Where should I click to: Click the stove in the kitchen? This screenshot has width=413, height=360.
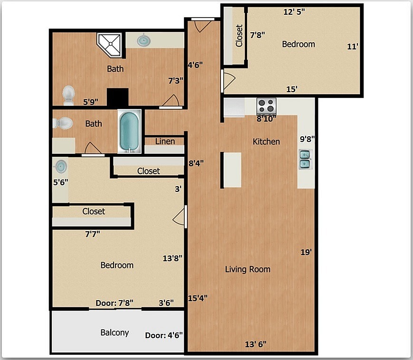[x=266, y=105]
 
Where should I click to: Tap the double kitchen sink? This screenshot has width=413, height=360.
[x=304, y=159]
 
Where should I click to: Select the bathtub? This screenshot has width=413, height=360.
[x=129, y=131]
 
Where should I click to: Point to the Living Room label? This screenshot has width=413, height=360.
[x=247, y=269]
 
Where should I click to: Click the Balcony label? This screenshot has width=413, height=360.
[x=115, y=332]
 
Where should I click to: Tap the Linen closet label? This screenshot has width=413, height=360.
[x=165, y=141]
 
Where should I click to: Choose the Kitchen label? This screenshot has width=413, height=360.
[x=266, y=142]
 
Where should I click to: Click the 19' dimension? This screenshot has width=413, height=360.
[x=306, y=252]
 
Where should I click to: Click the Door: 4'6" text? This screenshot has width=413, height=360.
[x=164, y=335]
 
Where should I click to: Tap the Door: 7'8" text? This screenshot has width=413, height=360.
[x=115, y=303]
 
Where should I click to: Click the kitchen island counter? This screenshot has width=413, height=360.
[x=232, y=170]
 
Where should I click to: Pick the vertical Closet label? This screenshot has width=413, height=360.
[x=239, y=35]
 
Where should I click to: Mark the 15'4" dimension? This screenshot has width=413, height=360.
[x=198, y=298]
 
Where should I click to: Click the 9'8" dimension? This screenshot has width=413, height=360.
[x=307, y=139]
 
